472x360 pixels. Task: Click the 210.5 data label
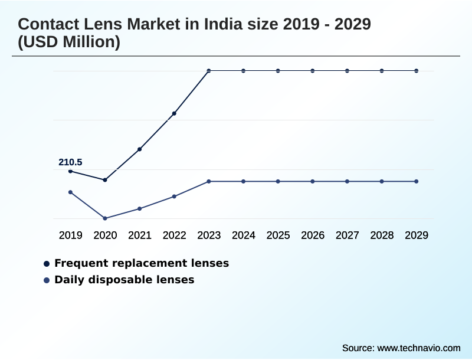click(70, 162)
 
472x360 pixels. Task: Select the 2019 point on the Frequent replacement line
click(71, 171)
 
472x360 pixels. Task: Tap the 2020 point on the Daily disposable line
click(105, 218)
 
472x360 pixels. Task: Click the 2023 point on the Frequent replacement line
click(209, 71)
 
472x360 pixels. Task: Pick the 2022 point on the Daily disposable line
click(174, 197)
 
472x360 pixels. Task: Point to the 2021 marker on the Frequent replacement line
click(140, 149)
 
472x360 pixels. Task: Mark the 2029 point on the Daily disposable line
click(417, 181)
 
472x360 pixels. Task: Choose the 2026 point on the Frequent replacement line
click(313, 71)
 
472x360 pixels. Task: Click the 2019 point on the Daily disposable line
click(71, 192)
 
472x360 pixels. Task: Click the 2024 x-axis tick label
click(244, 235)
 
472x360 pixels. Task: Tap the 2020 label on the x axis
click(105, 235)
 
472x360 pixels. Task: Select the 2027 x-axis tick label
click(348, 235)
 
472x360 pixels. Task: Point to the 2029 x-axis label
click(417, 235)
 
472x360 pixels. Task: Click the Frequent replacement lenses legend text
click(142, 263)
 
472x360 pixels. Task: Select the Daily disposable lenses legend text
click(124, 280)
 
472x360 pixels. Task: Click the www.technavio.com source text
click(418, 348)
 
